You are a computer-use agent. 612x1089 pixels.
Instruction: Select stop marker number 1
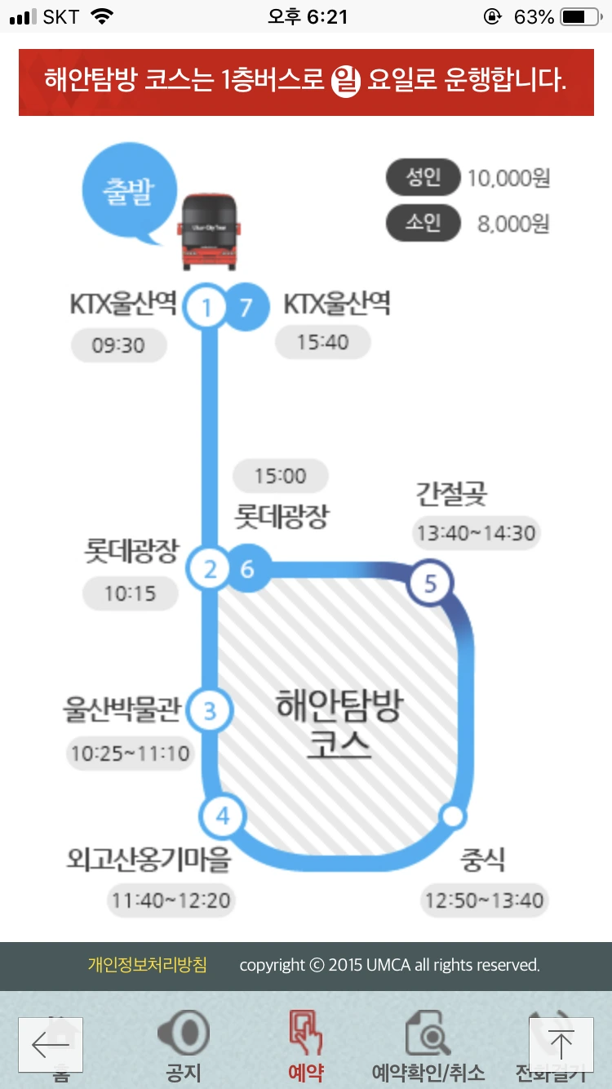pyautogui.click(x=206, y=308)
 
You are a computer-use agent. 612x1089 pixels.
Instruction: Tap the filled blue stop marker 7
pyautogui.click(x=246, y=307)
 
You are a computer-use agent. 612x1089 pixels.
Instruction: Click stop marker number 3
pyautogui.click(x=210, y=711)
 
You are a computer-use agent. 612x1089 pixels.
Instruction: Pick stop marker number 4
pyautogui.click(x=223, y=815)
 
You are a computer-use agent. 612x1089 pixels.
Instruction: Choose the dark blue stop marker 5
pyautogui.click(x=431, y=583)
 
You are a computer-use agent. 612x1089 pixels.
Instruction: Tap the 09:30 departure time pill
pyautogui.click(x=118, y=345)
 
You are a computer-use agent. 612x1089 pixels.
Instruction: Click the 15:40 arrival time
pyautogui.click(x=322, y=341)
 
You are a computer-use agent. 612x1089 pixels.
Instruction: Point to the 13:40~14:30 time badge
pyautogui.click(x=476, y=533)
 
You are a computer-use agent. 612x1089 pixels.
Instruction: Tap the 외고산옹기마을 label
pyautogui.click(x=149, y=860)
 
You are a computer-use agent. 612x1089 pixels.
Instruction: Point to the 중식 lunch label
pyautogui.click(x=482, y=860)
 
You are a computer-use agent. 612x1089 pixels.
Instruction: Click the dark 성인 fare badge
pyautogui.click(x=423, y=178)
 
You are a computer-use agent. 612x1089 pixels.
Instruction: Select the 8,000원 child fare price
pyautogui.click(x=513, y=224)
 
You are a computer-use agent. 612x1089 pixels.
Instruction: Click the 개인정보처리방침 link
pyautogui.click(x=148, y=965)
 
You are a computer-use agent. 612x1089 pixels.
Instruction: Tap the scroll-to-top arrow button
pyautogui.click(x=561, y=1044)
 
